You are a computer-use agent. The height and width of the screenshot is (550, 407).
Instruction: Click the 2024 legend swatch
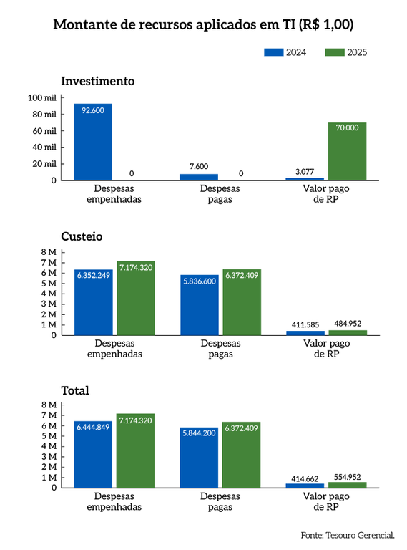coord(274,52)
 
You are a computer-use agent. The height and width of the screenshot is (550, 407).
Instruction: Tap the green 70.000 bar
coord(348,151)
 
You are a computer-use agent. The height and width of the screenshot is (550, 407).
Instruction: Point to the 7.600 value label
coord(199,166)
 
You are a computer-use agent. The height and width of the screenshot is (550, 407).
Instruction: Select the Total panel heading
coord(75,390)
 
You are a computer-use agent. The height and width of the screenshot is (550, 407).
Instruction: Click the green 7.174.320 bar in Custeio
coord(136,298)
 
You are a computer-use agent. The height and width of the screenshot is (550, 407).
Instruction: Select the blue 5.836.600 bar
coord(199,305)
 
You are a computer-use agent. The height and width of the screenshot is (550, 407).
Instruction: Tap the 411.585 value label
coord(305,325)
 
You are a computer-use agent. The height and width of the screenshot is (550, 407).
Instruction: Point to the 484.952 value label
coord(348,325)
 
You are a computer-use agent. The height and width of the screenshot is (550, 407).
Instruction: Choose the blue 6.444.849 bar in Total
coord(93,454)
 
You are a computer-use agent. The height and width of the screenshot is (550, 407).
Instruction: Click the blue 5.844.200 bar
coord(199,458)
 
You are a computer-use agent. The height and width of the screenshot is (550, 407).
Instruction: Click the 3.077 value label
coord(305,171)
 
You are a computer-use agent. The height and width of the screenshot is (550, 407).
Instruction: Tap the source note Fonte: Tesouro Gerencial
coord(348,535)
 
